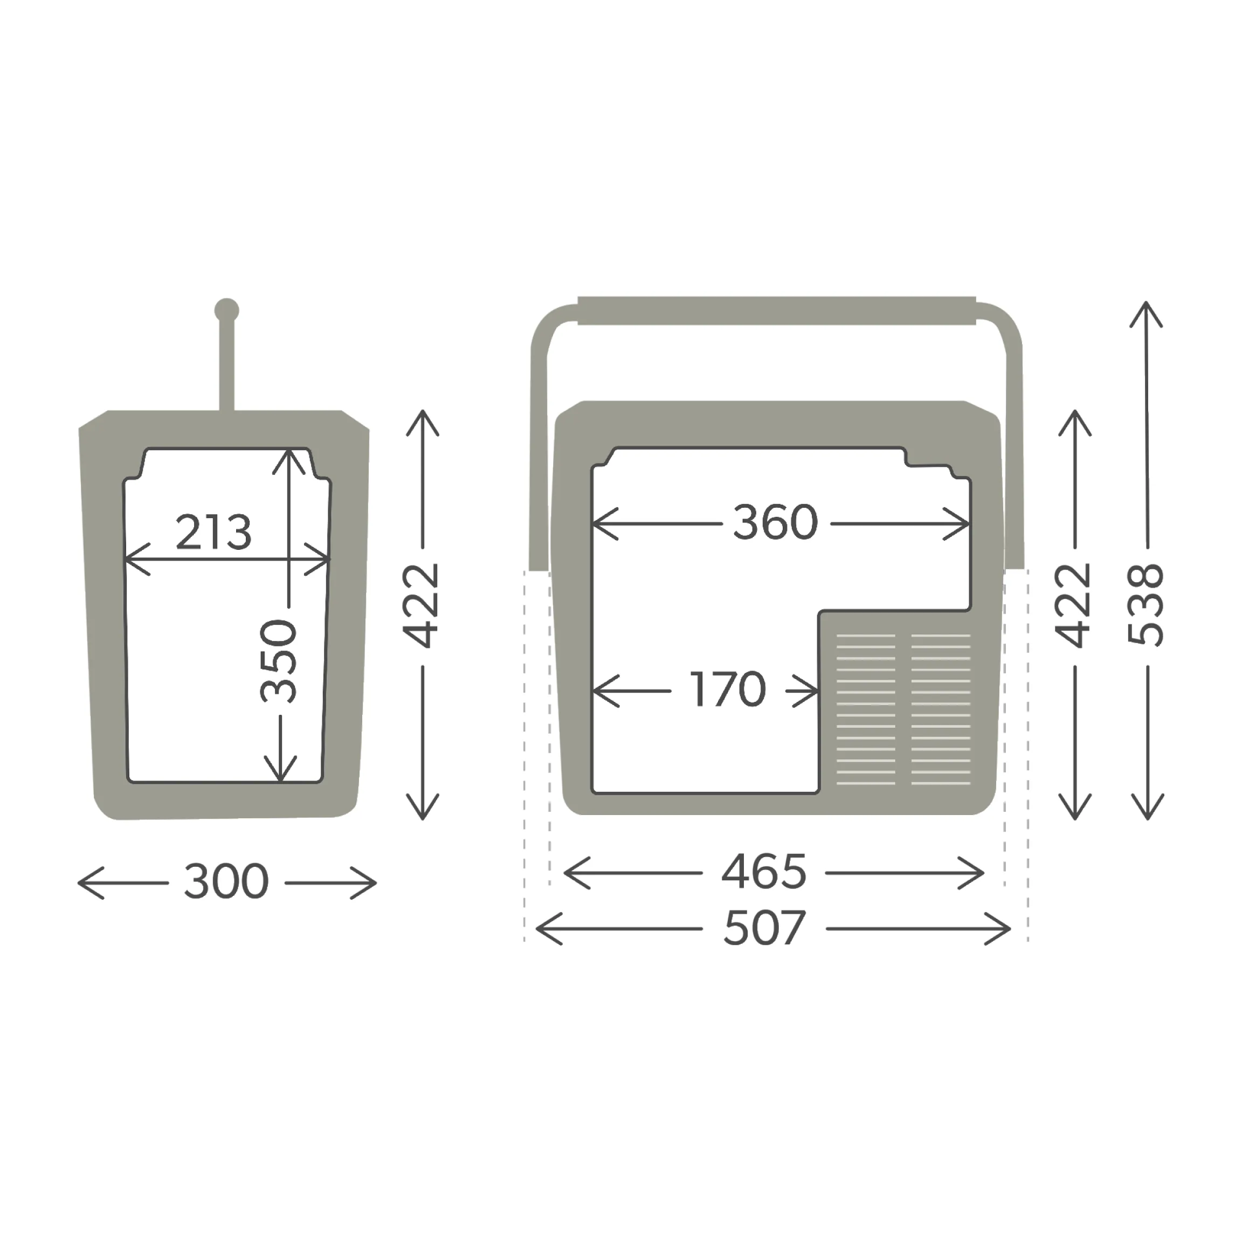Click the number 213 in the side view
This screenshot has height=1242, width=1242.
click(x=213, y=532)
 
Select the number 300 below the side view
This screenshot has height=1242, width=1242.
click(x=226, y=881)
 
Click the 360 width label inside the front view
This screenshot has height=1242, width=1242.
click(x=775, y=523)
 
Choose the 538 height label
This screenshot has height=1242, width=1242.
click(x=1146, y=604)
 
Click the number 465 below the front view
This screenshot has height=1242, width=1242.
click(x=764, y=872)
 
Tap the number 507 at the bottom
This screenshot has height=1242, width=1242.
click(x=764, y=928)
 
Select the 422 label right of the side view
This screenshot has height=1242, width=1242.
click(x=420, y=605)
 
